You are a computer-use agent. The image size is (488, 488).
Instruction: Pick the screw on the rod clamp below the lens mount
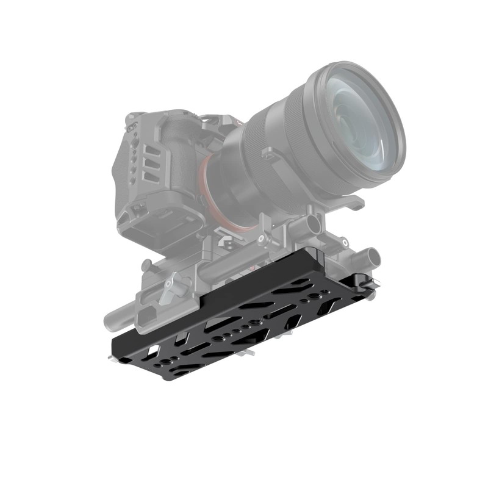260,239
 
